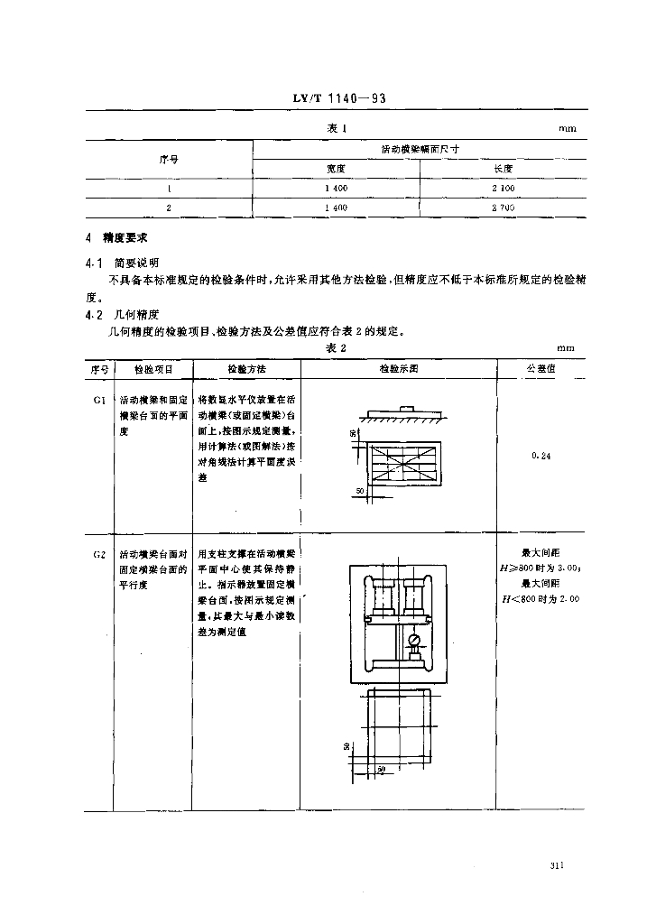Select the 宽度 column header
click(x=337, y=168)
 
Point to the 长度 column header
click(x=504, y=168)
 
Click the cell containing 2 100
click(x=504, y=188)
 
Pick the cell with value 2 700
click(x=504, y=208)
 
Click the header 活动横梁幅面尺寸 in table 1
click(x=420, y=149)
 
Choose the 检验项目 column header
click(x=152, y=369)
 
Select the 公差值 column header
click(x=540, y=369)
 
